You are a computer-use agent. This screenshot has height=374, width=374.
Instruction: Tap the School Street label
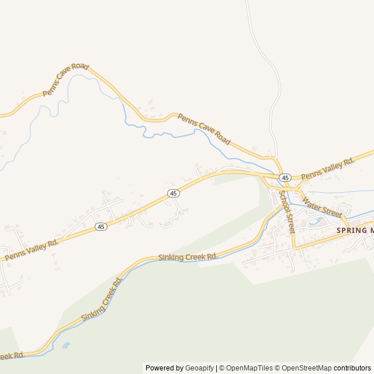click(x=287, y=212)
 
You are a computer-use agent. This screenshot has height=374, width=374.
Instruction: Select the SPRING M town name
click(x=354, y=231)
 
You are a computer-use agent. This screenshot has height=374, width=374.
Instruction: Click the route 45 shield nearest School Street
click(x=285, y=178)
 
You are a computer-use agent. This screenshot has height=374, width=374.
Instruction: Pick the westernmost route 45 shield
click(x=101, y=227)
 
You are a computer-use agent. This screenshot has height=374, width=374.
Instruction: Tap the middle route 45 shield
click(x=173, y=193)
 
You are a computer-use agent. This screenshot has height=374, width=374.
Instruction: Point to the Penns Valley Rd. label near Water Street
click(x=328, y=168)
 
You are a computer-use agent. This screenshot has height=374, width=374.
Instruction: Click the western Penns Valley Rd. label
click(x=32, y=249)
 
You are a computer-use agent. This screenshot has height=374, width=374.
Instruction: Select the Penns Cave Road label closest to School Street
click(x=204, y=129)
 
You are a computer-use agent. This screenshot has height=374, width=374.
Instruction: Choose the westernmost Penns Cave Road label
click(x=65, y=80)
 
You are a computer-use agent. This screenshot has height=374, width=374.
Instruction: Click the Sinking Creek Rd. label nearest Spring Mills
click(x=188, y=257)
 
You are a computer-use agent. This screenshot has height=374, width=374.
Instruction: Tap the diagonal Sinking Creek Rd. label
click(x=102, y=299)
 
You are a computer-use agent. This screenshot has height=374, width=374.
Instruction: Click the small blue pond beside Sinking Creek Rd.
click(x=65, y=345)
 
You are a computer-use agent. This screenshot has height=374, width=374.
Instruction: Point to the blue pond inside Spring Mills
click(x=318, y=221)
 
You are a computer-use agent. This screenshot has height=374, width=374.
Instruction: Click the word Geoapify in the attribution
click(x=200, y=368)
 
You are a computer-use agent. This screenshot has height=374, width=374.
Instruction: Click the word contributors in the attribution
click(x=352, y=368)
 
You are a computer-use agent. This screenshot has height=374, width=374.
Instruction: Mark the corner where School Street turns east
click(x=294, y=248)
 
